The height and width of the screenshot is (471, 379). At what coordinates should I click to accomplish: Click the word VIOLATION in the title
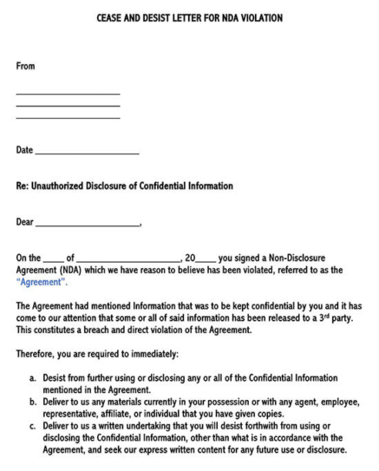pyautogui.click(x=258, y=18)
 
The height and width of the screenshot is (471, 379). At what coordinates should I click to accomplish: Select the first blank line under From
pyautogui.click(x=68, y=93)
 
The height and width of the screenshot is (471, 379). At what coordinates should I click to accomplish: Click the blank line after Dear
pyautogui.click(x=88, y=225)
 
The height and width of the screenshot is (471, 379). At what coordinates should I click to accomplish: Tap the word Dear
pyautogui.click(x=26, y=222)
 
